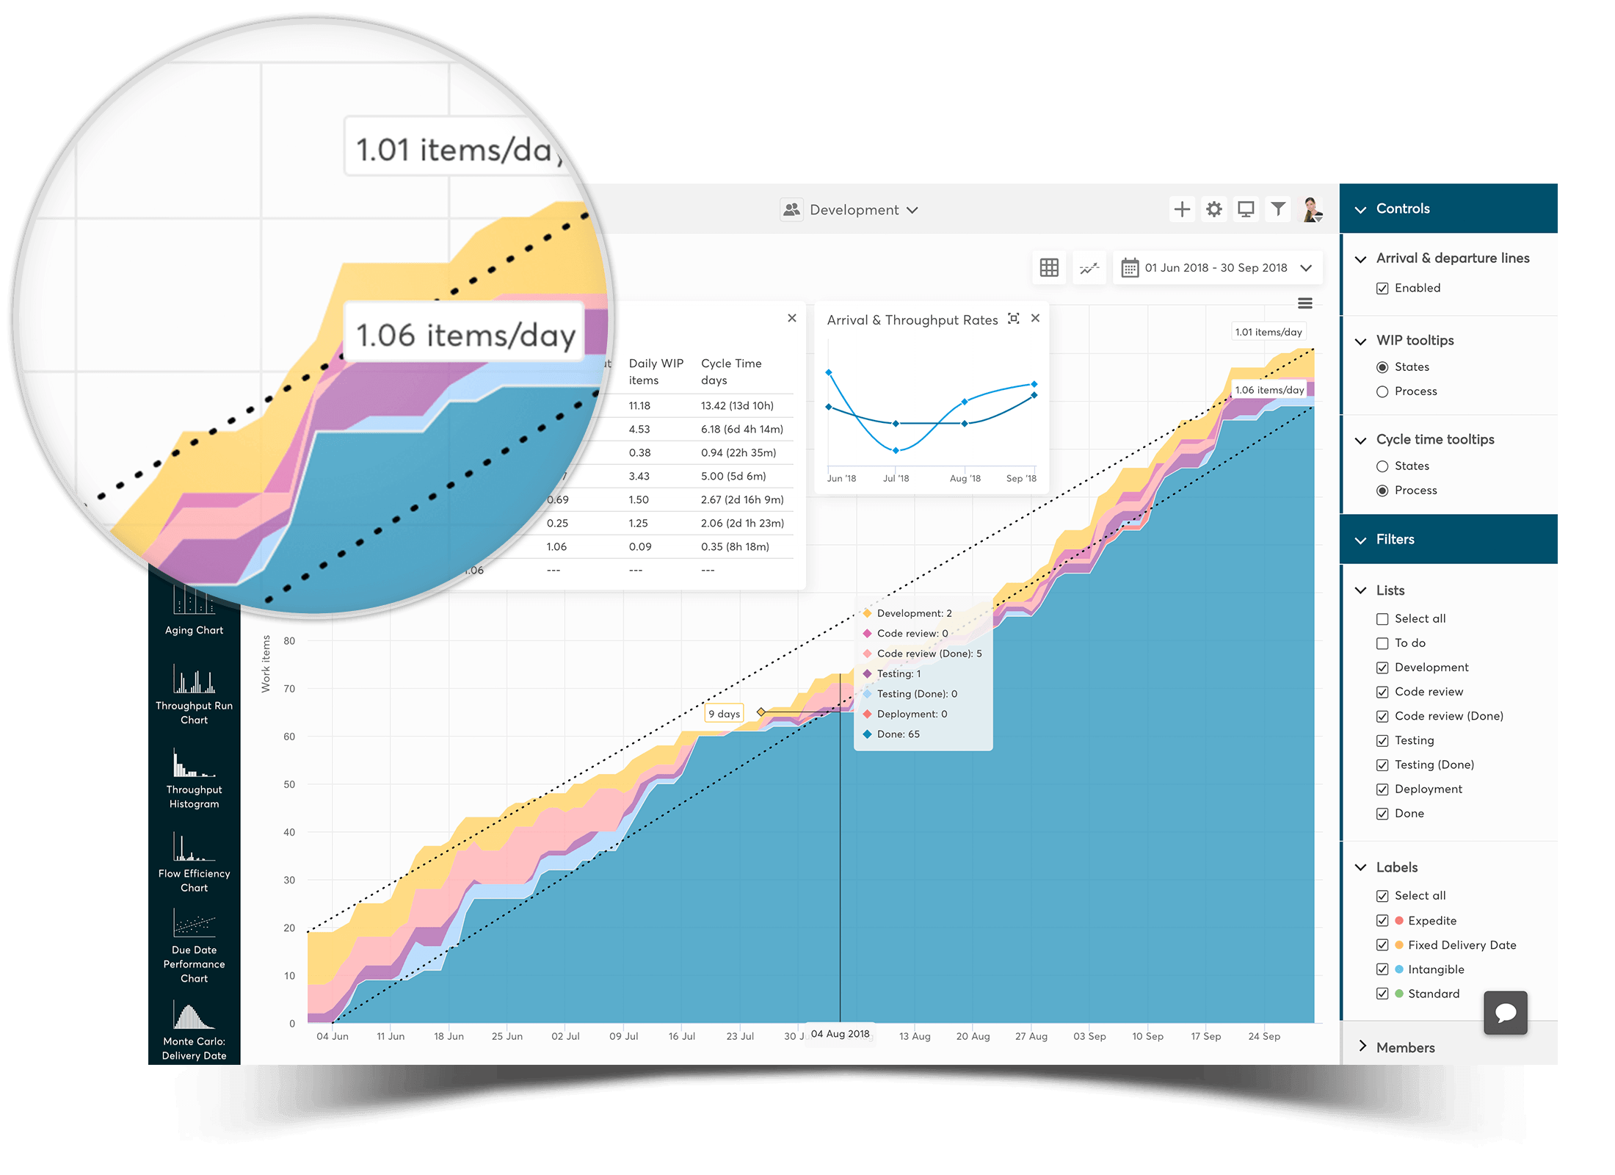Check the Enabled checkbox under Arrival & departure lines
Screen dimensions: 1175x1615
(1382, 289)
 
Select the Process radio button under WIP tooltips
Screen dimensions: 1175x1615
(1382, 391)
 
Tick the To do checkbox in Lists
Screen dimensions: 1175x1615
(1382, 643)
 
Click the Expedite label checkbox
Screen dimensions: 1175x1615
(1382, 921)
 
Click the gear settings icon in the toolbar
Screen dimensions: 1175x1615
(1214, 209)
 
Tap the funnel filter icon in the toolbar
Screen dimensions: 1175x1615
(1278, 209)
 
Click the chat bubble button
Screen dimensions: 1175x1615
(1505, 1013)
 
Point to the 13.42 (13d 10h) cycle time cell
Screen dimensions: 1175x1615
(737, 406)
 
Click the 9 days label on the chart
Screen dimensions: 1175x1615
(724, 714)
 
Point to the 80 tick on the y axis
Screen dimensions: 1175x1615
(289, 641)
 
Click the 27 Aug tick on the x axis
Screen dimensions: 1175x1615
(1031, 1036)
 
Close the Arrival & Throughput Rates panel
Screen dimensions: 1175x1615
(1035, 319)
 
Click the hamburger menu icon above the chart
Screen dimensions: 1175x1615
(1304, 303)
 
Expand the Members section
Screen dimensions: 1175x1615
(1404, 1047)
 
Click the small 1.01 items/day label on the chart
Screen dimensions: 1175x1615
(1268, 332)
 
